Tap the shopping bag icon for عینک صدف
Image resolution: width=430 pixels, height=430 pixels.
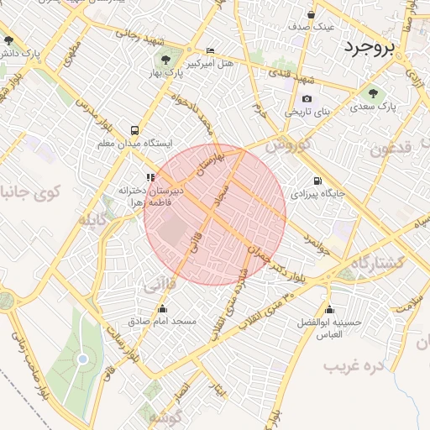[312, 14]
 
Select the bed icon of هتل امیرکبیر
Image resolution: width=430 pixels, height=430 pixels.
[210, 51]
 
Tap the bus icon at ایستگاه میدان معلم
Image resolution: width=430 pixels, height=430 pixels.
[134, 130]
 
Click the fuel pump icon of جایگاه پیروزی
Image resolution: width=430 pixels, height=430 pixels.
[317, 180]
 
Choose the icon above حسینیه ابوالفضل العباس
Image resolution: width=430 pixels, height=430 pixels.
[328, 308]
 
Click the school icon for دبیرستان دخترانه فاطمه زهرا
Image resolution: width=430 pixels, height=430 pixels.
[150, 177]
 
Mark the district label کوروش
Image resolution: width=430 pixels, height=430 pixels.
[289, 144]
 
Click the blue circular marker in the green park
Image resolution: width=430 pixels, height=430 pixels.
[82, 359]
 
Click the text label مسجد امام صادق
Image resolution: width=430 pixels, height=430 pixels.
[162, 321]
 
